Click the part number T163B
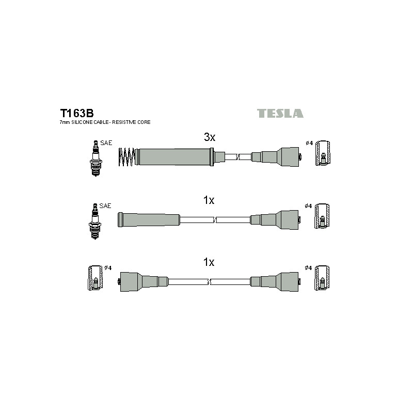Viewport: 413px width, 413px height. point(77,113)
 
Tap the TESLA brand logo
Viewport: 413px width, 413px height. point(280,113)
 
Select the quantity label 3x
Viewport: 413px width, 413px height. point(210,137)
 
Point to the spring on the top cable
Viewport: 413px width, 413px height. point(126,157)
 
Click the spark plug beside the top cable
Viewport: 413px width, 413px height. point(96,158)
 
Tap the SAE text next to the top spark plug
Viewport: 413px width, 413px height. point(106,143)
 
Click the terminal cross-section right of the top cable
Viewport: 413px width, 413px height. point(323,153)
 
